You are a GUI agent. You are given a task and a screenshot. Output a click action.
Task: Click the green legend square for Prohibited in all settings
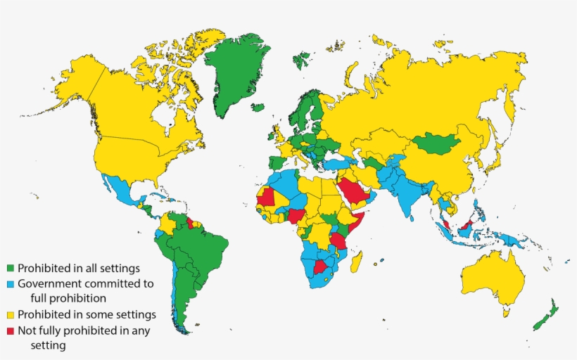coord(10,268)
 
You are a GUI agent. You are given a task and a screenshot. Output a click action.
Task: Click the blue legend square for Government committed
coord(10,284)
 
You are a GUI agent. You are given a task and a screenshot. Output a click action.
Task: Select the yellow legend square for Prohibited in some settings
coord(10,314)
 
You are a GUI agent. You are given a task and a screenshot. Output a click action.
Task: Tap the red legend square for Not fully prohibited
coord(10,330)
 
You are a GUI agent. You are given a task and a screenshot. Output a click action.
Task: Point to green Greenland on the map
coord(236,70)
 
